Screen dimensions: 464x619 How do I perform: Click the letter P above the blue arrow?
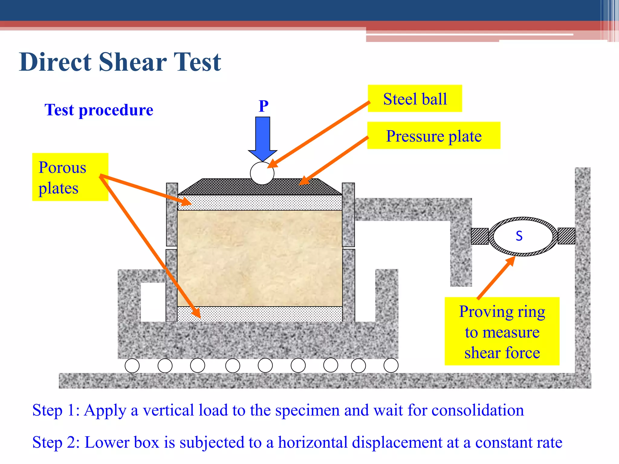pos(264,106)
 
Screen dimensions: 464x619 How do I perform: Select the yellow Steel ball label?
pos(415,99)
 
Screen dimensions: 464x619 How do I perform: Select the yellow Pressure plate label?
pos(433,136)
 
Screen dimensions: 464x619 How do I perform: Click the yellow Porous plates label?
pos(70,177)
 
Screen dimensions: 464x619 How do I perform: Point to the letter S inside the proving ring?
pos(519,236)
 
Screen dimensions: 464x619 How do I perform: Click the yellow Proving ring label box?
pos(502,331)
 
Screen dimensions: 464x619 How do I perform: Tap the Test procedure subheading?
pos(99,110)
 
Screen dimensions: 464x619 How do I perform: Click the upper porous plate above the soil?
pos(260,203)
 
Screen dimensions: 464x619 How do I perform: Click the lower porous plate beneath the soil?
pos(260,314)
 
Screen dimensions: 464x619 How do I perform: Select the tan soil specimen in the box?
pos(260,258)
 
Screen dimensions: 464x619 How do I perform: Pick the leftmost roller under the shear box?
pos(132,366)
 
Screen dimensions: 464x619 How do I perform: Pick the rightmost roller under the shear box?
pos(391,366)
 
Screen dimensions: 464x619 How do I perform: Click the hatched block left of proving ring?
pos(480,236)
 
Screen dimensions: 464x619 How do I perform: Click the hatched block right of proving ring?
pos(566,236)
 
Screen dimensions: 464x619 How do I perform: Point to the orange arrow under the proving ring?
pos(496,277)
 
